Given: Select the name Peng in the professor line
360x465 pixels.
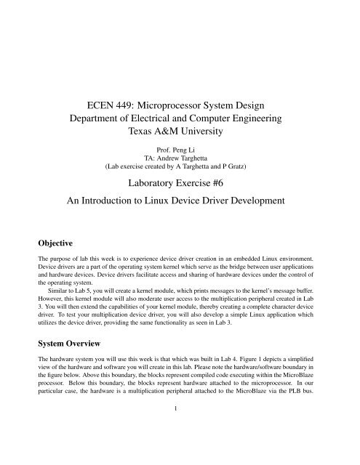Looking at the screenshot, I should (x=180, y=154).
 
